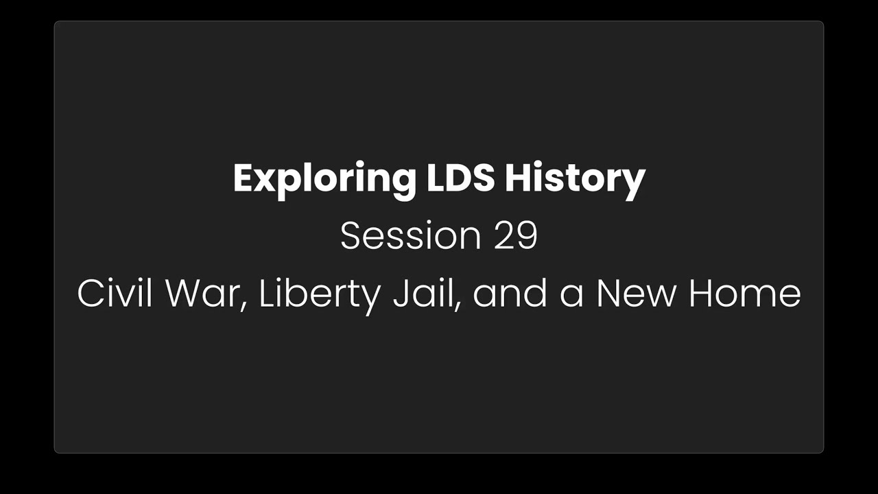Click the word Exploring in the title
pos(324,179)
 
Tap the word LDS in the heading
pos(460,178)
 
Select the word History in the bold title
pos(575,179)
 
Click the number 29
pos(515,235)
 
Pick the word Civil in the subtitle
pos(114,293)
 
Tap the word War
pos(202,293)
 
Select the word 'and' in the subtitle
pos(510,293)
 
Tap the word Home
pos(745,293)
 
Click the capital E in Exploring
pos(244,178)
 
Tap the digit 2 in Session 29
pos(503,235)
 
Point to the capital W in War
pos(186,293)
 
